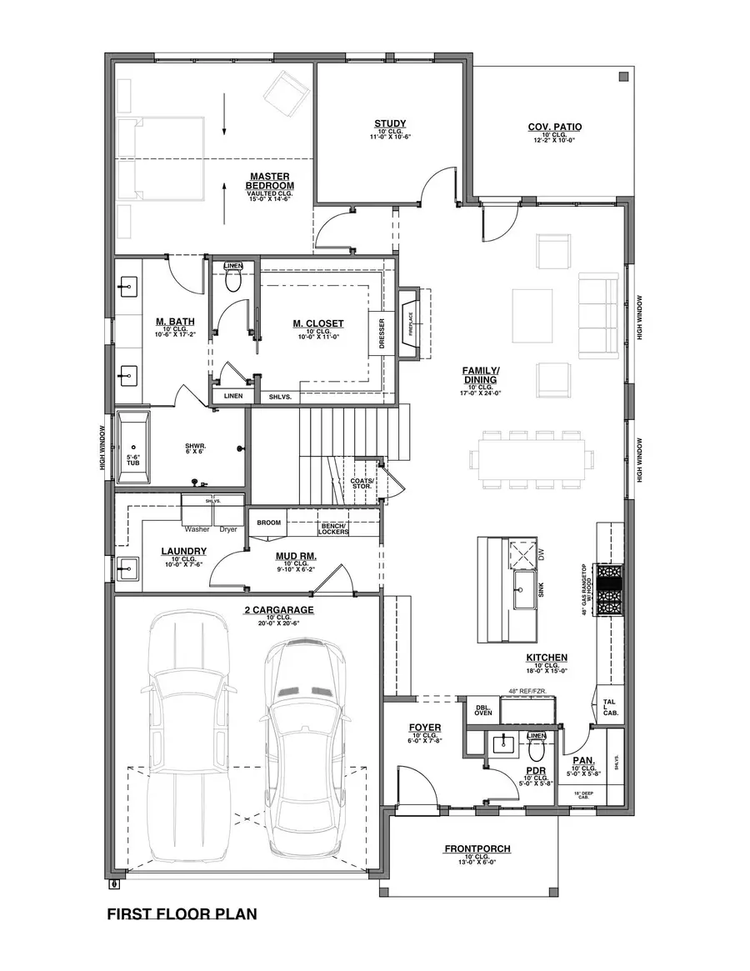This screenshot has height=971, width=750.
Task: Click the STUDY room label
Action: (390, 124)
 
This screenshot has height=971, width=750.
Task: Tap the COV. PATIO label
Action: (554, 128)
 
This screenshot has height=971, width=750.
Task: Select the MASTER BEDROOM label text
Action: (268, 181)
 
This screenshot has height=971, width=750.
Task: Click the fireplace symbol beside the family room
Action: (410, 323)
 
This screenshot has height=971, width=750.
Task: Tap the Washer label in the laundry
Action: (197, 529)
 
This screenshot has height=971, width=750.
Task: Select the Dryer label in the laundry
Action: (227, 529)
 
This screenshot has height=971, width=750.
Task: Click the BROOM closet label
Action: (268, 523)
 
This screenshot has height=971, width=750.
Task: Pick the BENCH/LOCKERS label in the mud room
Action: (333, 528)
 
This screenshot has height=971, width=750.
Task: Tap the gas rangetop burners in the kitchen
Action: (608, 590)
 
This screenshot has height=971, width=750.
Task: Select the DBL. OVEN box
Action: (483, 709)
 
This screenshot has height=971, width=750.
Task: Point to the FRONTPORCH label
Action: (477, 848)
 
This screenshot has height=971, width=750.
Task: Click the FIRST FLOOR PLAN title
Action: (182, 914)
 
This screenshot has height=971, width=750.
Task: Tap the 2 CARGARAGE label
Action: (278, 610)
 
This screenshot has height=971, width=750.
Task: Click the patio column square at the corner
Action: (622, 78)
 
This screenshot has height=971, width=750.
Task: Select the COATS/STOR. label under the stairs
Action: (362, 483)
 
